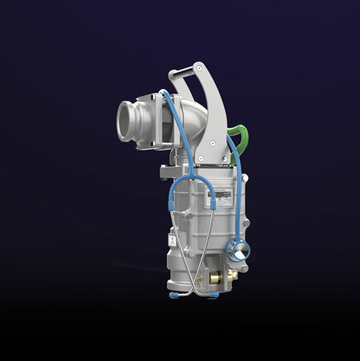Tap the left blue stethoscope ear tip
[x=174, y=297]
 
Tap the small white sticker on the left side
[x=172, y=239]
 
